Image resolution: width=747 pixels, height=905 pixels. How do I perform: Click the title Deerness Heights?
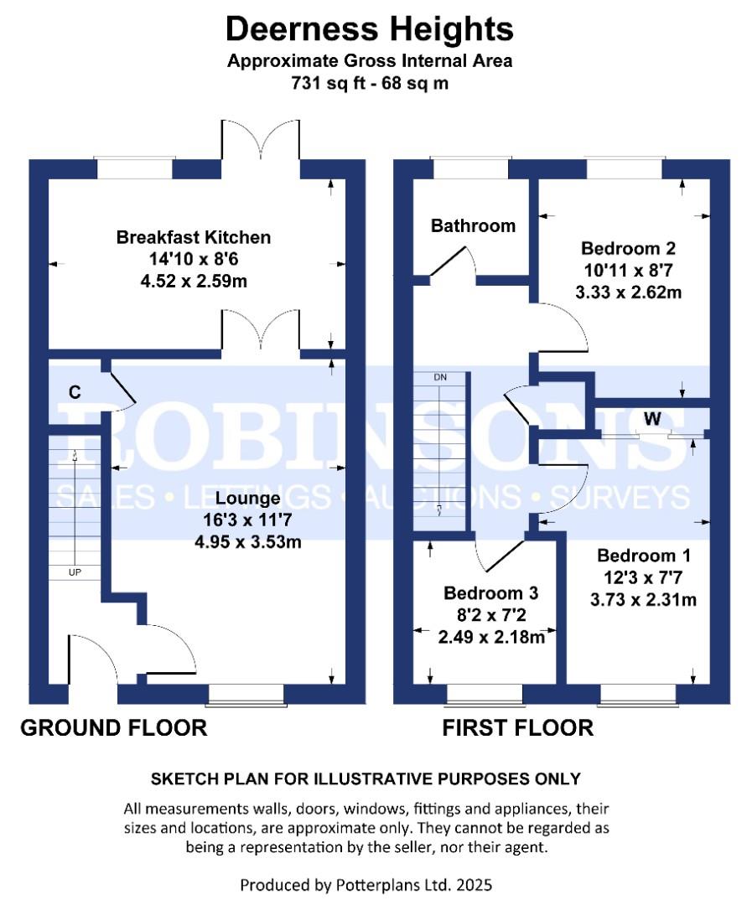click(x=370, y=28)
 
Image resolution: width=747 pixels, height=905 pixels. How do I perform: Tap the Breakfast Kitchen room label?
click(x=194, y=237)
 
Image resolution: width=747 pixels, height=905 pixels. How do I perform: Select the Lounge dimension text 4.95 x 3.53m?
click(x=248, y=542)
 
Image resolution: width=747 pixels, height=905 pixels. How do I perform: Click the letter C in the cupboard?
click(x=75, y=392)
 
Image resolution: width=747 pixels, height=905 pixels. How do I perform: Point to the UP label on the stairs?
click(x=75, y=572)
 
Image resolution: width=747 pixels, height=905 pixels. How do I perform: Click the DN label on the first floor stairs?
click(x=440, y=377)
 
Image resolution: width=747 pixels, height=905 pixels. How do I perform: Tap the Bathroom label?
click(x=474, y=225)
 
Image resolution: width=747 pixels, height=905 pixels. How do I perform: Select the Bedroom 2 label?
click(x=628, y=248)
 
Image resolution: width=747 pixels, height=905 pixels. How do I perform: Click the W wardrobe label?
click(x=652, y=418)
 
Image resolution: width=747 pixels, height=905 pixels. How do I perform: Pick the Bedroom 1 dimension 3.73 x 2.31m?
click(x=643, y=600)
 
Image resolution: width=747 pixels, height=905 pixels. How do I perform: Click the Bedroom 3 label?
click(x=490, y=592)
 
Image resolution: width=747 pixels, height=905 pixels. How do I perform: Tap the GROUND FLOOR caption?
click(x=114, y=728)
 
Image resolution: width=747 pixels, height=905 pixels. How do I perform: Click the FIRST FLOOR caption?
click(x=518, y=728)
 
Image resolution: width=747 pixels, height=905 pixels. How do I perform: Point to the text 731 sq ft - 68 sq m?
click(x=370, y=84)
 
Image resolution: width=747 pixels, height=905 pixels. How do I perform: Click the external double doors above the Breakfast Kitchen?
click(x=261, y=139)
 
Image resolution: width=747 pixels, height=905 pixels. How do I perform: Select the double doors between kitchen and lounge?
click(x=261, y=329)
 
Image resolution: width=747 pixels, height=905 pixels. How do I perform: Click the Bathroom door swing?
click(x=454, y=263)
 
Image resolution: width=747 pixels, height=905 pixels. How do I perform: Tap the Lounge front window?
click(x=246, y=695)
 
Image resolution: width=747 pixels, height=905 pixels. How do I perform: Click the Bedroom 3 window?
click(x=485, y=695)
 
